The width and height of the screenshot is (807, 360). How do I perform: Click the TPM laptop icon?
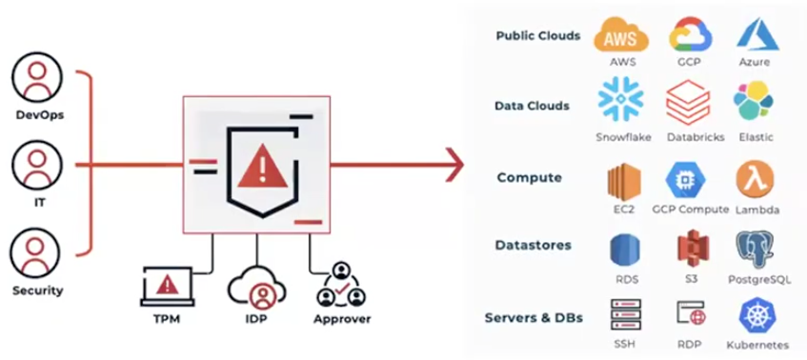click(x=168, y=285)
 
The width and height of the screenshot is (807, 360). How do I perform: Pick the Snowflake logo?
click(x=622, y=102)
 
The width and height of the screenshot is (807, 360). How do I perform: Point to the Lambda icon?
click(x=755, y=178)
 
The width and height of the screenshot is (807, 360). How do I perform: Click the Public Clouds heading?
click(x=537, y=36)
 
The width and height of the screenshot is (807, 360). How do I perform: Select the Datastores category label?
click(x=533, y=245)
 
